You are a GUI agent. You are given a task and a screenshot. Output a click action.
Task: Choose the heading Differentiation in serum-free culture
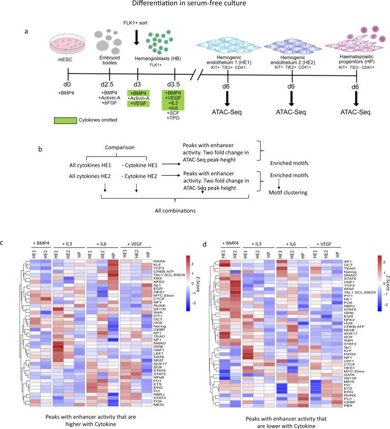pos(195,6)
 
